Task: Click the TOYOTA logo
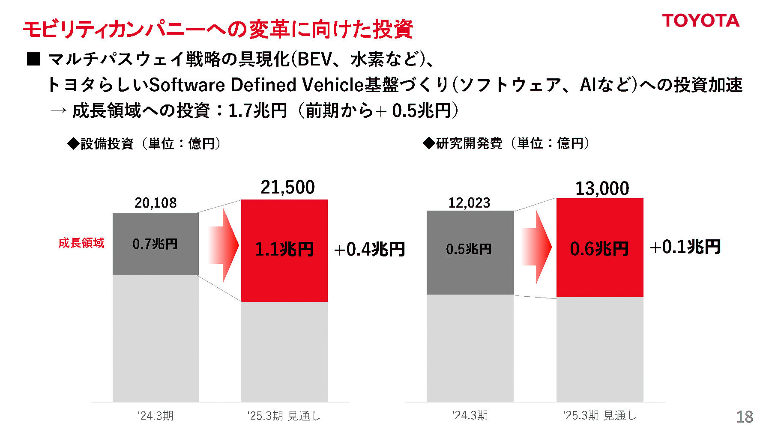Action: [x=700, y=21]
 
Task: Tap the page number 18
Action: [x=745, y=417]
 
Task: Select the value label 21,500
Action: [x=287, y=188]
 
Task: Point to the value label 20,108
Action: [x=156, y=203]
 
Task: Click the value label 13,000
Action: [x=602, y=189]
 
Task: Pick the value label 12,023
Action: [x=469, y=203]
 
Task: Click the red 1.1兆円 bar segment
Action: [x=284, y=250]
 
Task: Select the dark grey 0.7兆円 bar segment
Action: [x=155, y=244]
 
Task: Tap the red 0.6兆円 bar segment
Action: [x=599, y=248]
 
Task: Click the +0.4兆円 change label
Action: [x=369, y=249]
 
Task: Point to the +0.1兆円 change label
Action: [x=685, y=247]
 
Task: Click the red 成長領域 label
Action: [x=81, y=243]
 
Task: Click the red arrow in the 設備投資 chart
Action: [x=223, y=245]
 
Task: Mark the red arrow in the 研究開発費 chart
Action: [x=537, y=247]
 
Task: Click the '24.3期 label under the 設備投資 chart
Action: [x=156, y=416]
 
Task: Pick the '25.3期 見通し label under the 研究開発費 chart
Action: [x=599, y=415]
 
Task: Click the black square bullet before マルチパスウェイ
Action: [x=33, y=59]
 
